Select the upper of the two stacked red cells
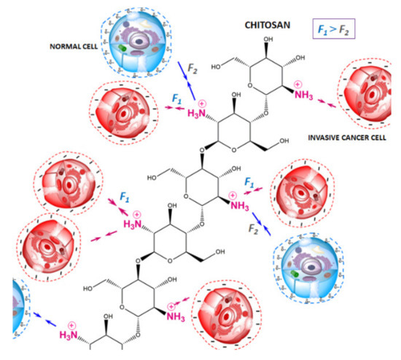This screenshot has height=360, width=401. tap(68, 185)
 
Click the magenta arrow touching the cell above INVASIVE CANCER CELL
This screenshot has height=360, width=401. tap(327, 103)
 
